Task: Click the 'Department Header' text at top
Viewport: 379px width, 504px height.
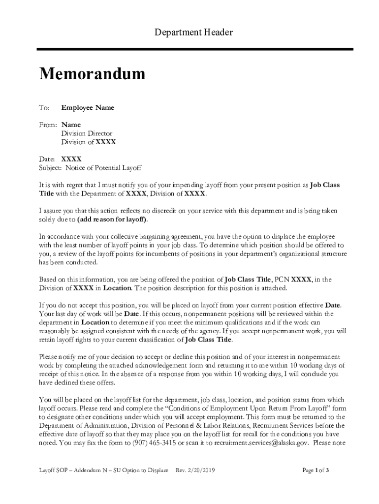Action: tap(193, 32)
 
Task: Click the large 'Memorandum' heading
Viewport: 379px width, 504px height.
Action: tap(93, 74)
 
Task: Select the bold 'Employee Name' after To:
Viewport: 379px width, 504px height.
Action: tap(88, 107)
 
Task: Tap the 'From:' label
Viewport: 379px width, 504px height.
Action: tap(48, 125)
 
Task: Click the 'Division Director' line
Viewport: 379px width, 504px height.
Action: tap(87, 133)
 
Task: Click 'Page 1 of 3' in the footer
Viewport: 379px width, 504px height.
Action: tap(315, 470)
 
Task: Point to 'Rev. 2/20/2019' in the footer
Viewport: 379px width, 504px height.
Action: tap(196, 470)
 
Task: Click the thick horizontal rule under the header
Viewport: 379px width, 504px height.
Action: tap(195, 49)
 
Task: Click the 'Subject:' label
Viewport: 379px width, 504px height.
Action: tap(51, 168)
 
